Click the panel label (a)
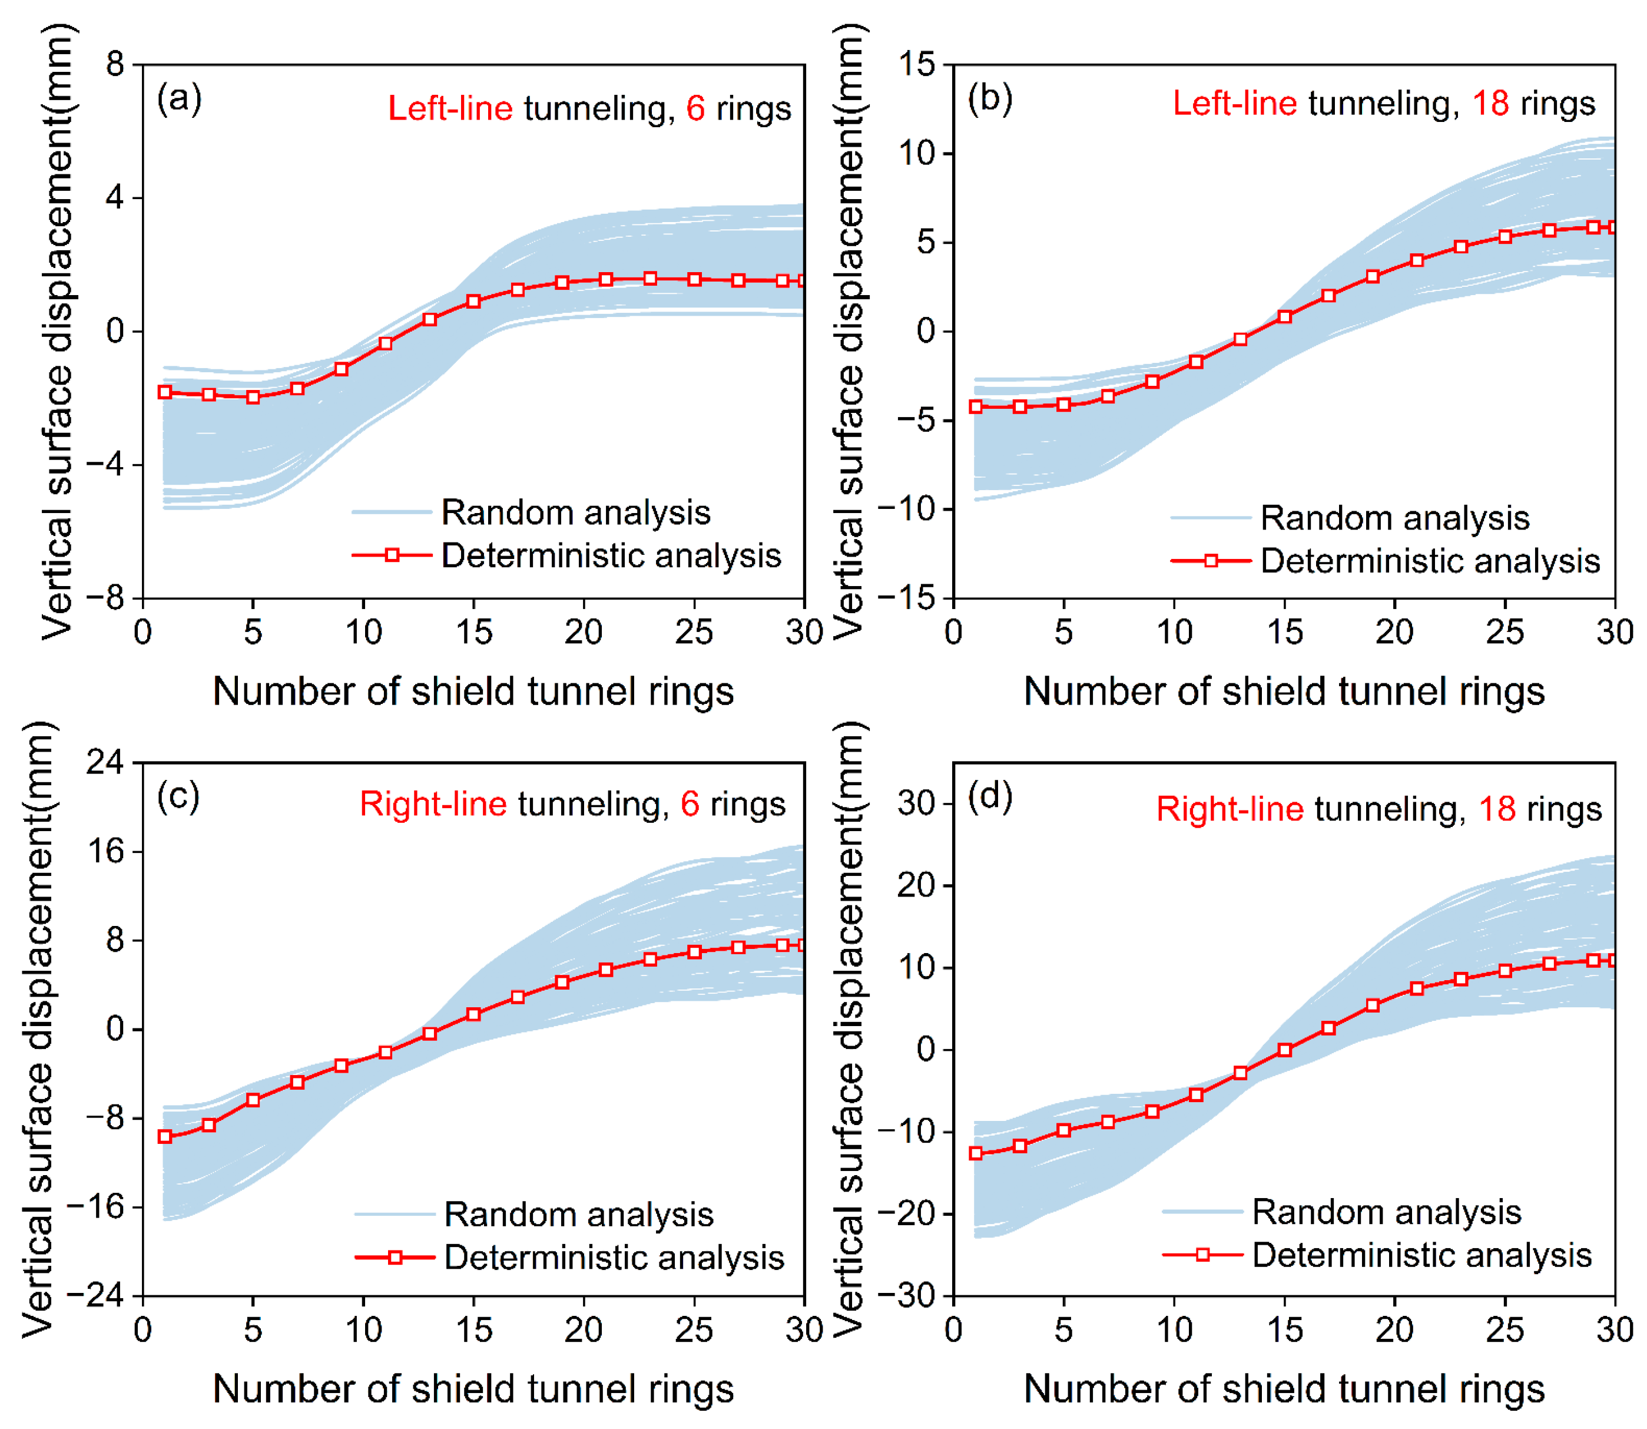click(180, 98)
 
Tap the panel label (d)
click(990, 796)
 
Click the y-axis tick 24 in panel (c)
click(105, 762)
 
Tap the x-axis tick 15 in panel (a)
click(473, 633)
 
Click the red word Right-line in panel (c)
click(433, 804)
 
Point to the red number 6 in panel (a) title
click(695, 108)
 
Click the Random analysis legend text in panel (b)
click(1395, 518)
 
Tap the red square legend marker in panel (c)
click(395, 1258)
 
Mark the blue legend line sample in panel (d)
click(1202, 1211)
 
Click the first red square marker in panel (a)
click(165, 392)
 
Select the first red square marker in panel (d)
click(976, 1153)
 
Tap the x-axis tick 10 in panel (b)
click(1174, 633)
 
